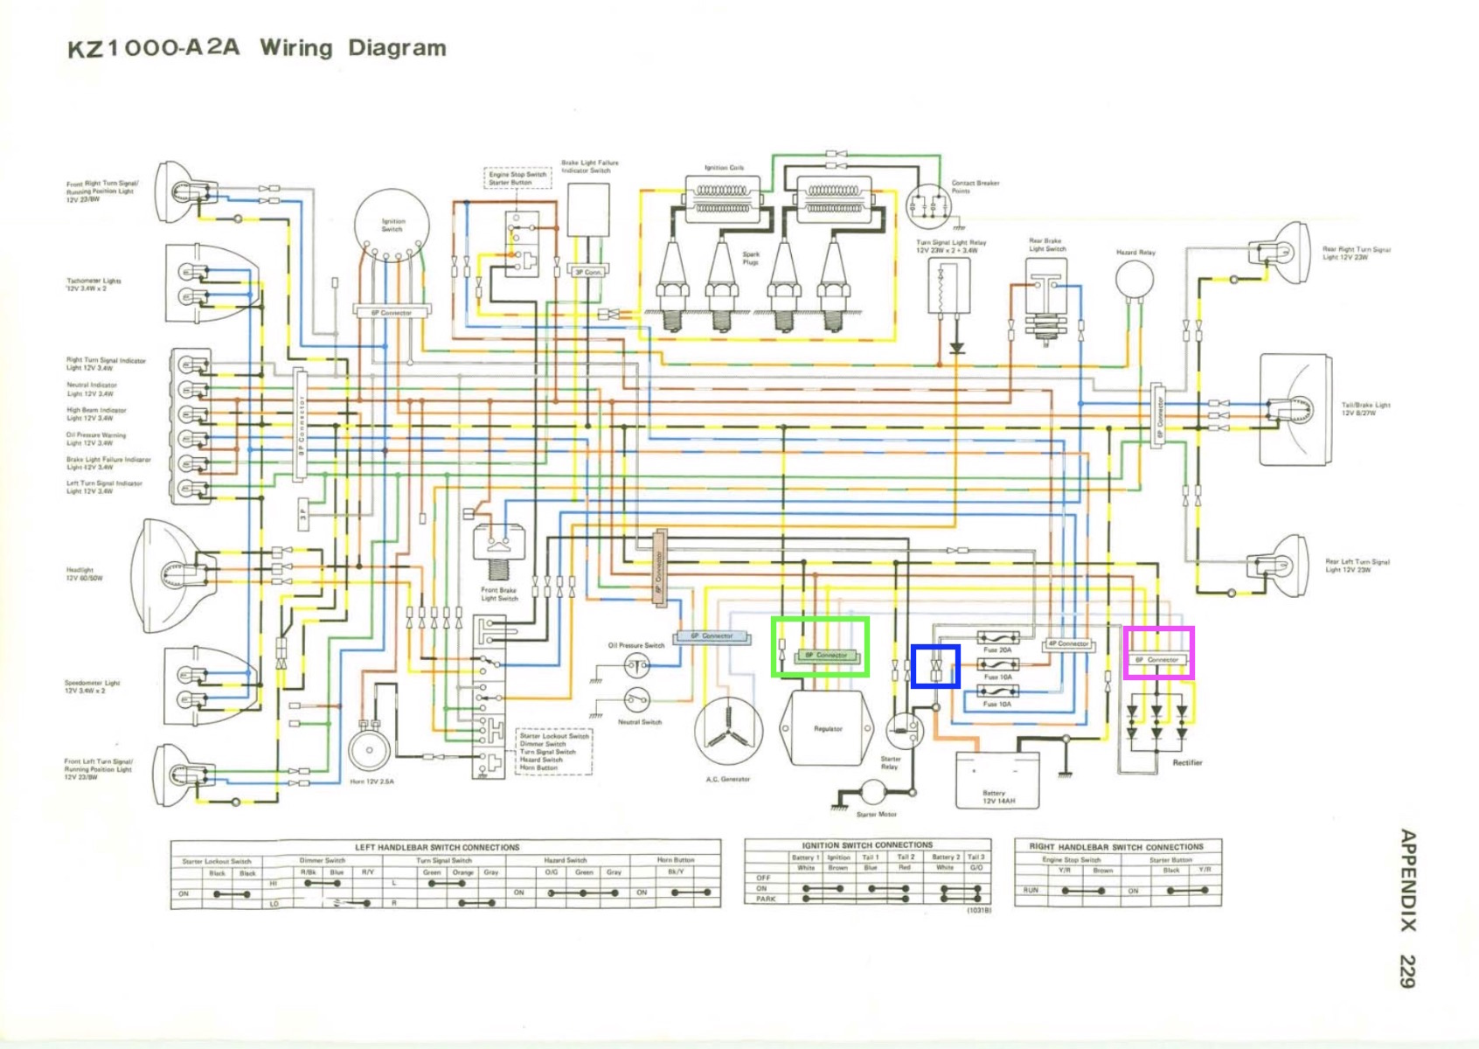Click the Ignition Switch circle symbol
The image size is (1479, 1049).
pos(392,226)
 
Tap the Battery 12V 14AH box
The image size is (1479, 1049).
pos(997,779)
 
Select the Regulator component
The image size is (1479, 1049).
pos(828,727)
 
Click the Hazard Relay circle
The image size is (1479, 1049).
pos(1135,279)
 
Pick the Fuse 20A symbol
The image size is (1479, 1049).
pos(996,638)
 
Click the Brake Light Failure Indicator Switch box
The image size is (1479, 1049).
pos(588,210)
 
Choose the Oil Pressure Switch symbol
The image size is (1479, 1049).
pos(636,667)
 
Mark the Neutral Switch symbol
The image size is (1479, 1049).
pos(636,700)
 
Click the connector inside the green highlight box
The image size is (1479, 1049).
pos(825,656)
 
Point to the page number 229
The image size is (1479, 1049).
pos(1406,970)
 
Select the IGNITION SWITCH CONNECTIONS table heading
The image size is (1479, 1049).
pos(867,845)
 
